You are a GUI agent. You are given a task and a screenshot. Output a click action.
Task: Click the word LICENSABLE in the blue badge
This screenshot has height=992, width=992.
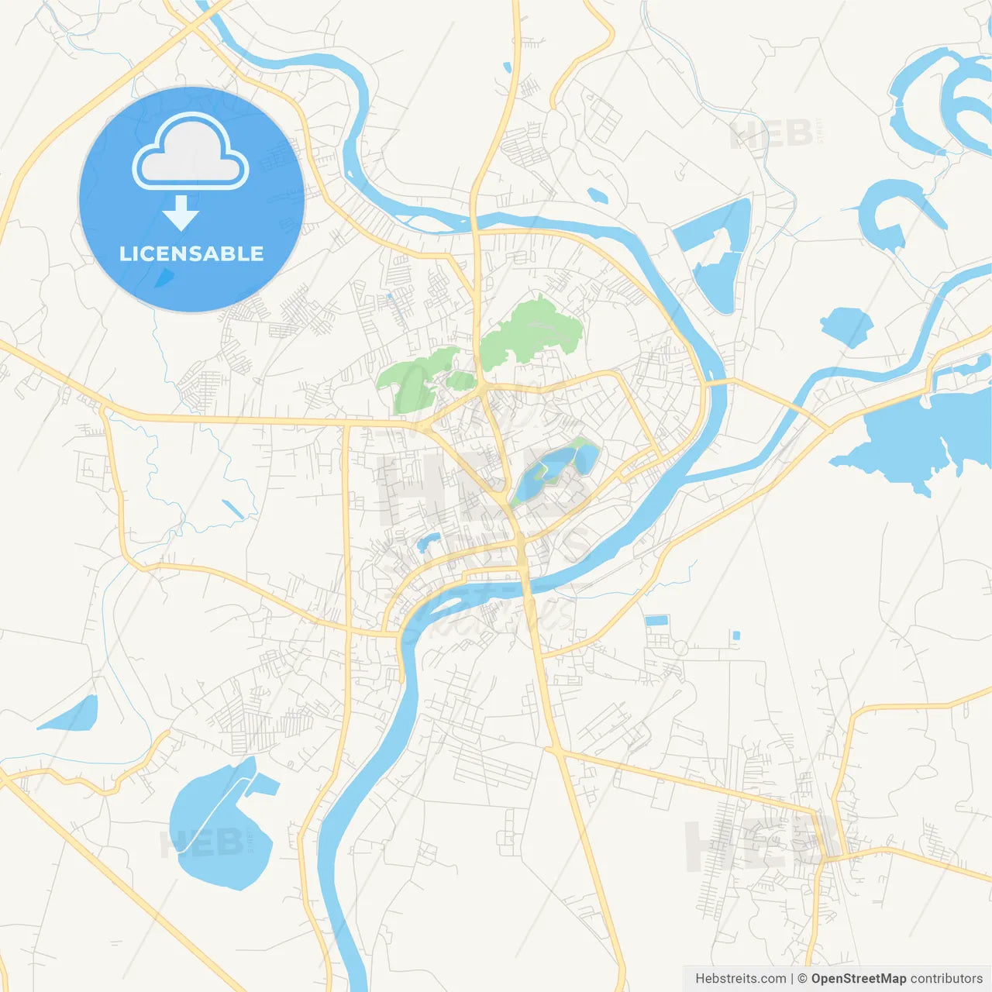pyautogui.click(x=191, y=253)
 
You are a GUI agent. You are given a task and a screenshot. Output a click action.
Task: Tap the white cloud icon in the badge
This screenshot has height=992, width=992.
pyautogui.click(x=191, y=153)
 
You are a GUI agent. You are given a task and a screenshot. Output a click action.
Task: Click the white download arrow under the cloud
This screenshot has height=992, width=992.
pyautogui.click(x=181, y=213)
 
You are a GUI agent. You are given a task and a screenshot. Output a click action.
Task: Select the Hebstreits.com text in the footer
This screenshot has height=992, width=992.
pyautogui.click(x=740, y=979)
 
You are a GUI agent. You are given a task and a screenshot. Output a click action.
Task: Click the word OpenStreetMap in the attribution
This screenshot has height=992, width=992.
pyautogui.click(x=858, y=979)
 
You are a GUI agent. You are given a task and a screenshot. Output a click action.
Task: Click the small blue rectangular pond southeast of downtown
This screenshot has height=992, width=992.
pyautogui.click(x=656, y=620)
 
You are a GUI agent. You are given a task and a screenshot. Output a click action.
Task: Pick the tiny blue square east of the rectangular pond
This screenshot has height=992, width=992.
pyautogui.click(x=736, y=635)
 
